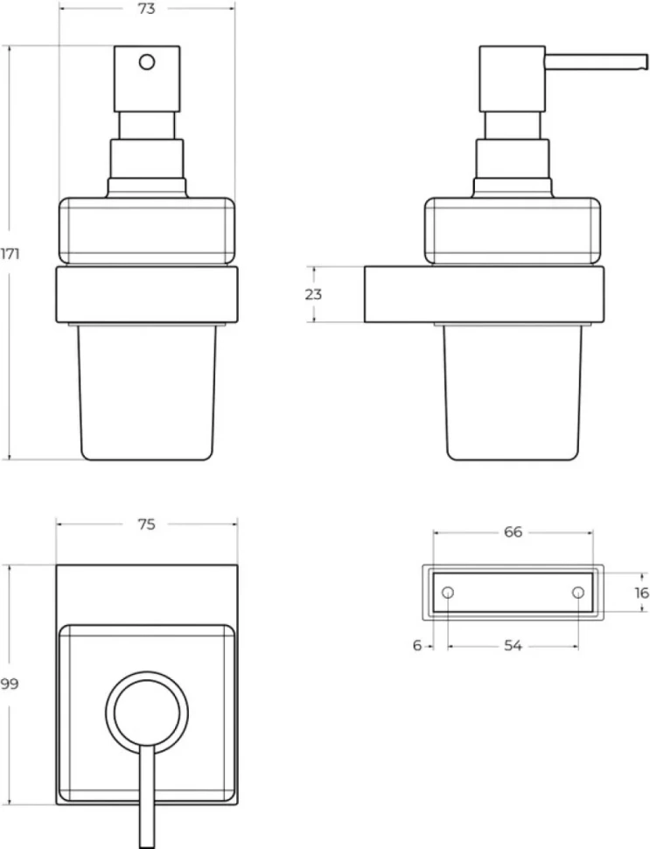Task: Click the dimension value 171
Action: click(10, 254)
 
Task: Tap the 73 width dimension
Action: click(147, 9)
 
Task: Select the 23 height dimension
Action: click(313, 294)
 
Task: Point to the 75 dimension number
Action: click(147, 524)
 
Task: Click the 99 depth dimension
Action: click(10, 684)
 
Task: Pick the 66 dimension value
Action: click(513, 532)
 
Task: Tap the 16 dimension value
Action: click(641, 593)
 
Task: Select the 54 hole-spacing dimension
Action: click(513, 645)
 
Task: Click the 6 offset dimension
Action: click(416, 645)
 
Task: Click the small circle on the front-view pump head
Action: click(147, 62)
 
